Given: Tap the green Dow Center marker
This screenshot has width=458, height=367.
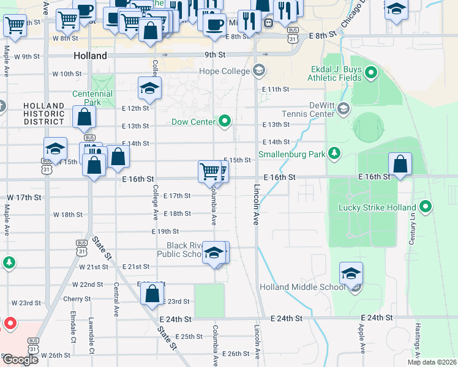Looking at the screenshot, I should [225, 121].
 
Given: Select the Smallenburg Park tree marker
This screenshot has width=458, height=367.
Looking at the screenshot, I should [334, 153].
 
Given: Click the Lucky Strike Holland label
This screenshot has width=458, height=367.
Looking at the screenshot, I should [377, 207].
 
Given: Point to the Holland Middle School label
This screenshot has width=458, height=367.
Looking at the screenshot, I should [302, 287].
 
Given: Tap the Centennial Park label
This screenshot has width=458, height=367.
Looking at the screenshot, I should [92, 98].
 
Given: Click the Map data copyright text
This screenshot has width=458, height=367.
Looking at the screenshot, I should [432, 362].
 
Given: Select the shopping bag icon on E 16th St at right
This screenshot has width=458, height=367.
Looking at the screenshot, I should [400, 165].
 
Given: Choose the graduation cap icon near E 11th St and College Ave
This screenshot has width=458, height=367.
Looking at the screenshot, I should [149, 88].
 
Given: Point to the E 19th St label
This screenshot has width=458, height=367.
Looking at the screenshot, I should [165, 231].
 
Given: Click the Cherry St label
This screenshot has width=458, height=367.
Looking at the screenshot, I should [77, 299].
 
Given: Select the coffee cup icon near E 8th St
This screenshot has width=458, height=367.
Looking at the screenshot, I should [214, 24].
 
